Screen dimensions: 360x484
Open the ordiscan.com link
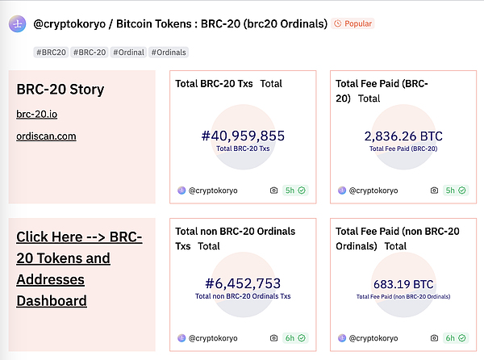(x=46, y=136)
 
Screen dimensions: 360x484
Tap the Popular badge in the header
(x=353, y=24)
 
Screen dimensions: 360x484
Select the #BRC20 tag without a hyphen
(x=51, y=52)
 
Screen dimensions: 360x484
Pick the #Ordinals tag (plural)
(x=168, y=52)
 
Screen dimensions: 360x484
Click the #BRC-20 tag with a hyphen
(x=90, y=52)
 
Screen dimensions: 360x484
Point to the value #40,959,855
(x=242, y=136)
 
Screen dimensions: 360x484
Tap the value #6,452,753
(x=242, y=283)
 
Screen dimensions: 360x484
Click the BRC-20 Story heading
(x=60, y=89)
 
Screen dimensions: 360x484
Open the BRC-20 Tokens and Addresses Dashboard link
(x=79, y=269)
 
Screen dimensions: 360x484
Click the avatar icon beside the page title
(x=16, y=24)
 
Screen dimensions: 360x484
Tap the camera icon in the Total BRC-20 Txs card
(x=274, y=190)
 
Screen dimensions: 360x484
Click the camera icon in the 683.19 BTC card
(x=433, y=337)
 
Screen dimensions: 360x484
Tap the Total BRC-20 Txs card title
(x=215, y=83)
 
